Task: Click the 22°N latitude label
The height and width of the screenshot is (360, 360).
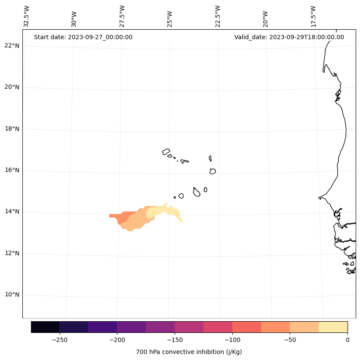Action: pos(12,46)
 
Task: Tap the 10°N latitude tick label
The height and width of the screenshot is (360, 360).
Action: pos(12,295)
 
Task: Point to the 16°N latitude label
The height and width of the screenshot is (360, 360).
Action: pos(12,170)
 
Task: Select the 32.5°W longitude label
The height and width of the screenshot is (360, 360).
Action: pos(27,16)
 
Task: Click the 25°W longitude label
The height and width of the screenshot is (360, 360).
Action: pos(170,16)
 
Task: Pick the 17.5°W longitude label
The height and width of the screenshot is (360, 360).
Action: pos(313,16)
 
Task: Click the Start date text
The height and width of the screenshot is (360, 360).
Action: pos(83,37)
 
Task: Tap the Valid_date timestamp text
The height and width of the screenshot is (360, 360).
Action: pos(289,37)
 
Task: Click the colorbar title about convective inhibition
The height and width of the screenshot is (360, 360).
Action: pos(189,352)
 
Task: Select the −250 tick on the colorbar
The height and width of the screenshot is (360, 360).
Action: pos(59,340)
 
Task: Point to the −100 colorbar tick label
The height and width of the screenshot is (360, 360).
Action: pos(232,340)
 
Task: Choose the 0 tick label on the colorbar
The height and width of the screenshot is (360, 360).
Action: pos(347,340)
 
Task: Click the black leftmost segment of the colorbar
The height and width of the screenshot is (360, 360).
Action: pos(45,327)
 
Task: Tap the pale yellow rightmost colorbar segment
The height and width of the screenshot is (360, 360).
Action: pos(333,327)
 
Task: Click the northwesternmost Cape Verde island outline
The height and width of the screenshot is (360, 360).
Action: pos(166,152)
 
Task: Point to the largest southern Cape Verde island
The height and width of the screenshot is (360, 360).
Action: pos(197,192)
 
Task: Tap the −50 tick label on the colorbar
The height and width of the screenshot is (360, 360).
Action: pos(290,340)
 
